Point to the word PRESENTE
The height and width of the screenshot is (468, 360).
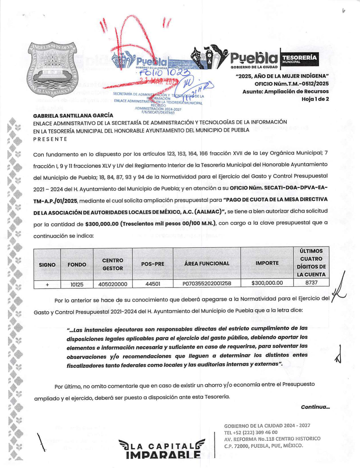coord(50,139)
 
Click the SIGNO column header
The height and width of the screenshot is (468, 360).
coord(47,265)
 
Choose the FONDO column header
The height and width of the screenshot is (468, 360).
coord(77,265)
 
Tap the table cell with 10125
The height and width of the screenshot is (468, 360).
coord(77,284)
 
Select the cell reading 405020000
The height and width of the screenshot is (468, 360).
coord(113,284)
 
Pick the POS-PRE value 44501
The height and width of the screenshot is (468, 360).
coord(153,284)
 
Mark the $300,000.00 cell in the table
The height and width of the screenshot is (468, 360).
coord(267,283)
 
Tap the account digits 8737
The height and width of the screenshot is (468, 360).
coord(311,282)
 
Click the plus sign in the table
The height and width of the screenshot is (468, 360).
coord(47,284)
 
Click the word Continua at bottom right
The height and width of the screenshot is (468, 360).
coord(315,407)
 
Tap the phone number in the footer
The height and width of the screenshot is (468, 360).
coord(251,432)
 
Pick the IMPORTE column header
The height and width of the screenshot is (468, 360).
coord(267,263)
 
